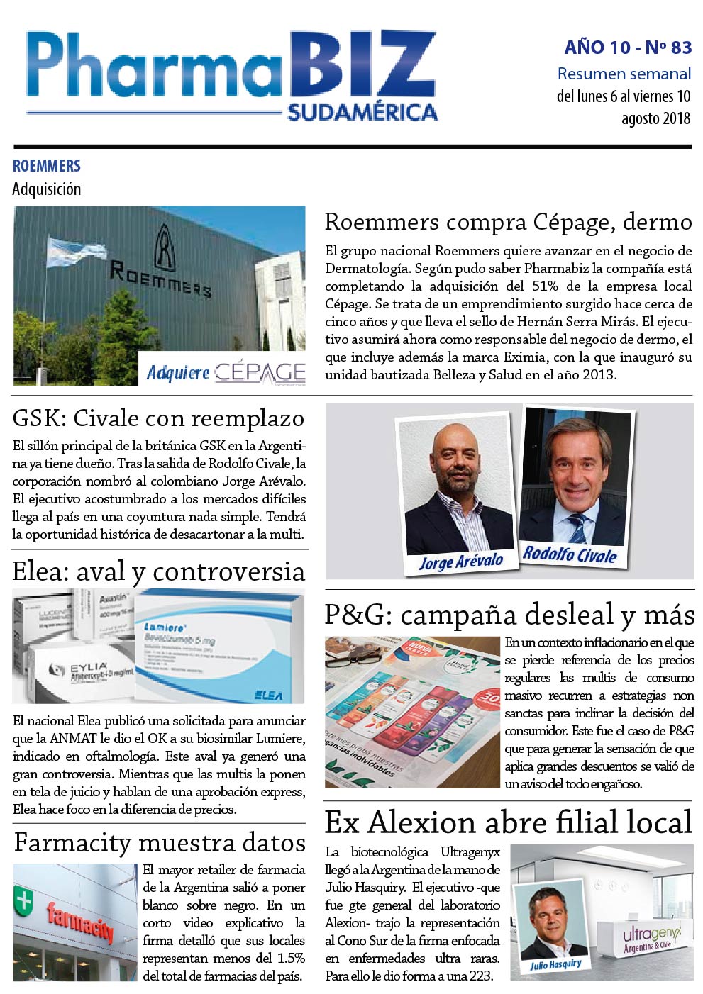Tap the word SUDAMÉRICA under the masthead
coord(362,112)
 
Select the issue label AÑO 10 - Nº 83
coord(628,48)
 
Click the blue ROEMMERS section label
coord(47,166)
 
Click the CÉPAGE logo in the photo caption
coord(260,372)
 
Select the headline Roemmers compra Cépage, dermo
coord(508,222)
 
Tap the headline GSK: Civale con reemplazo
coord(158,418)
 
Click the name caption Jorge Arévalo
coord(460,562)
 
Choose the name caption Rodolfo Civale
coord(570,554)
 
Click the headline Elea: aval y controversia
coord(158,571)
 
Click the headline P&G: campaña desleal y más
coord(509,615)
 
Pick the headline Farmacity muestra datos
coord(160,843)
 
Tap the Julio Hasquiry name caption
coord(555,964)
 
